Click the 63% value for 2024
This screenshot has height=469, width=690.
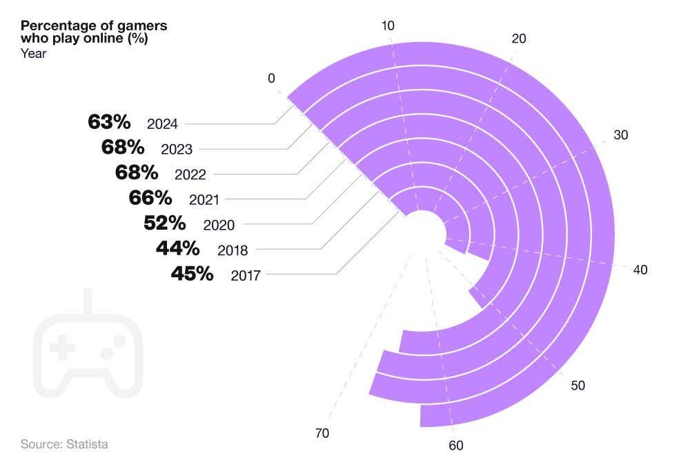[109, 123]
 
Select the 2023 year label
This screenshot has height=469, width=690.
[177, 149]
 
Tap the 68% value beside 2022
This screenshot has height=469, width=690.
[137, 173]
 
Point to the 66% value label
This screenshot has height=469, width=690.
[150, 199]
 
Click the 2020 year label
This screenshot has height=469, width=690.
[219, 225]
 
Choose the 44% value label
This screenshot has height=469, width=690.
[177, 248]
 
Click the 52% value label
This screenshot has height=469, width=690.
[164, 223]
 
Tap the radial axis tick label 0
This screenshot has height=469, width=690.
[272, 79]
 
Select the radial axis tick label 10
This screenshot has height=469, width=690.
[388, 26]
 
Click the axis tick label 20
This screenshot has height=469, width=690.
[518, 39]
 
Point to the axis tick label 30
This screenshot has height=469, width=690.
[621, 135]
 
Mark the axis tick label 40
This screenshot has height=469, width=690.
[640, 270]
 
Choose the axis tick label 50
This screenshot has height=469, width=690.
[578, 386]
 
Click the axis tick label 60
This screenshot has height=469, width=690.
[455, 446]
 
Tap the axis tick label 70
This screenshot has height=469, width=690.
[322, 433]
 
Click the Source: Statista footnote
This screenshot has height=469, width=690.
[64, 444]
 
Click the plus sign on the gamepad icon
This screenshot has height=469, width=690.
[66, 350]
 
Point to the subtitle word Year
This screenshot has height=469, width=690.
[33, 53]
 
